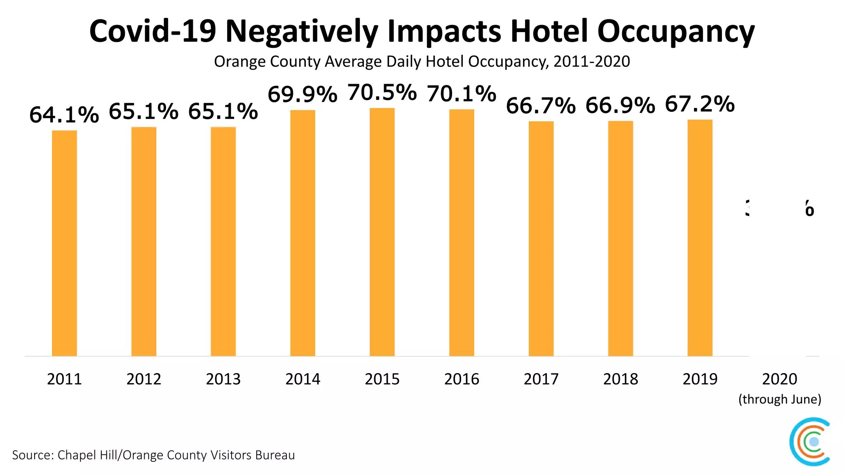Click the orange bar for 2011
[64, 243]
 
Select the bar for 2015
[382, 232]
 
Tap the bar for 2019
[700, 237]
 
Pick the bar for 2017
[541, 238]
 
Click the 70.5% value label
[382, 92]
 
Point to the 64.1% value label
[64, 115]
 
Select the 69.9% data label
[302, 94]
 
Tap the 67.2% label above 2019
[700, 104]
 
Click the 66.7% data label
[541, 106]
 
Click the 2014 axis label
[302, 379]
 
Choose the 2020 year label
[779, 379]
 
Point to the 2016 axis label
[462, 379]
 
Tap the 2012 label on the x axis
[144, 379]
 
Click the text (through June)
[780, 399]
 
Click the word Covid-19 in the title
[152, 31]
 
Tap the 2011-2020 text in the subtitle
[591, 61]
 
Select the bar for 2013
[223, 241]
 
